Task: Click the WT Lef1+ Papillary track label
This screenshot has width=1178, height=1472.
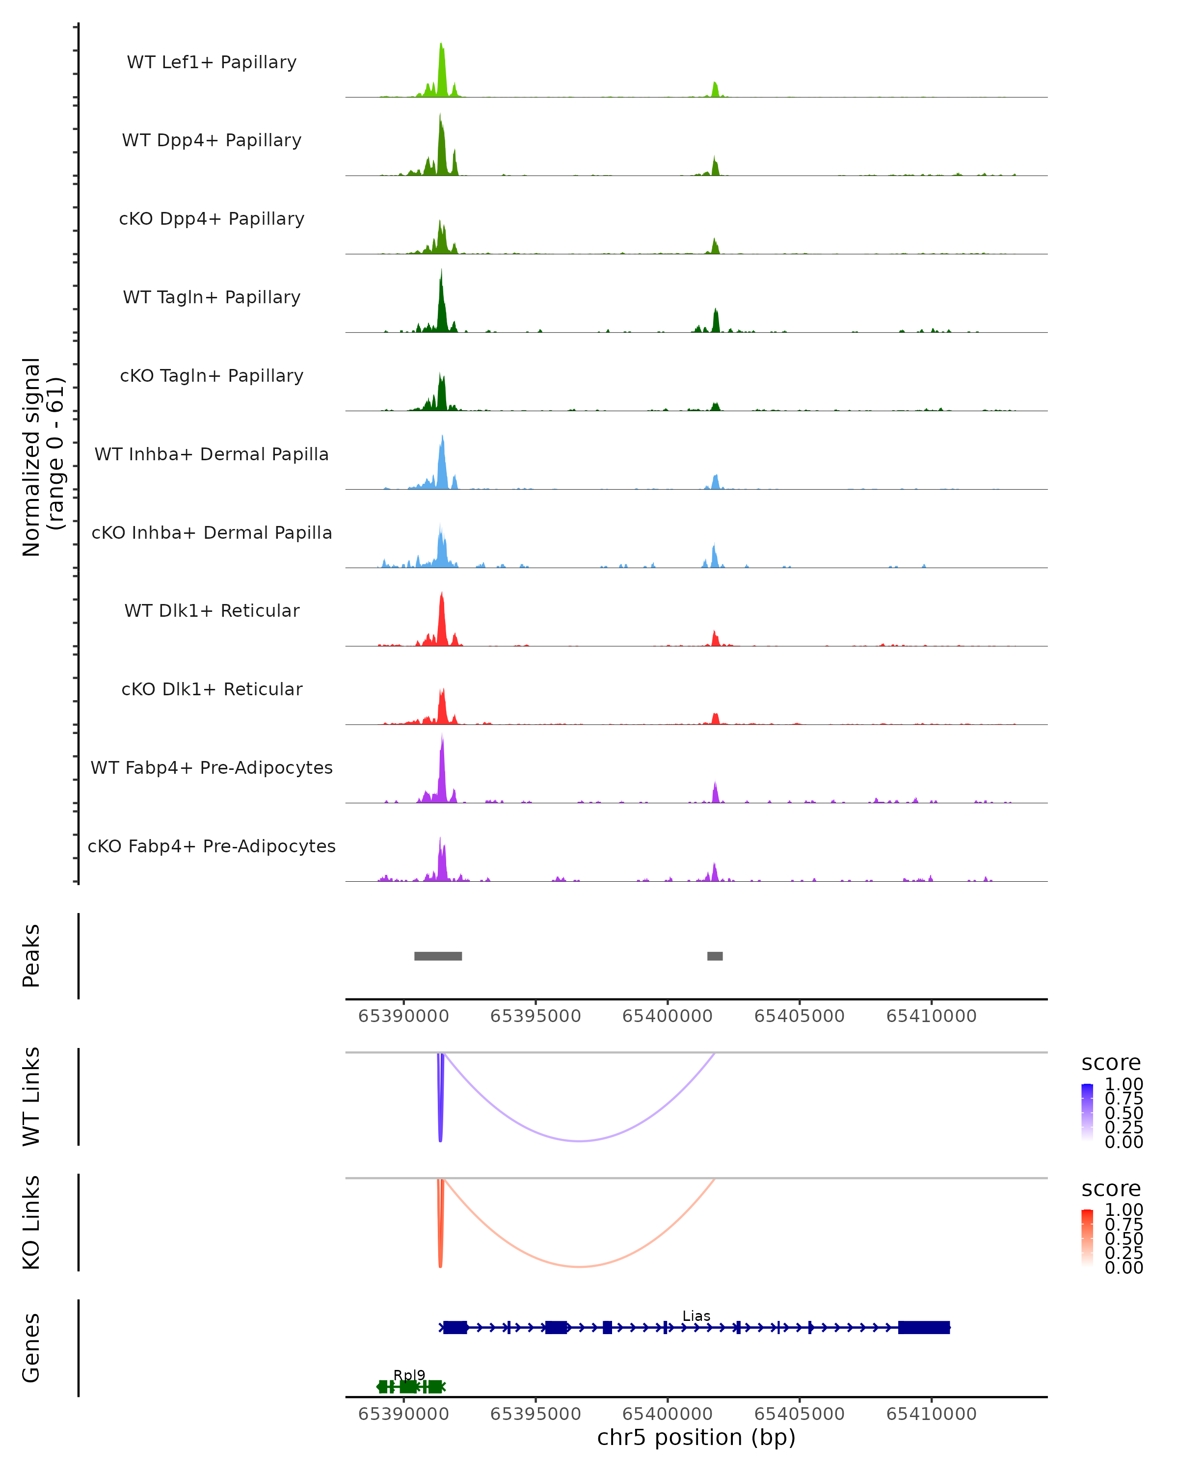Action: point(212,62)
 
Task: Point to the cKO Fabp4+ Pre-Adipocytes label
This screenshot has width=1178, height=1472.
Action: point(212,846)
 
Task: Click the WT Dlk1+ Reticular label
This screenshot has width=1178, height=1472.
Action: point(212,610)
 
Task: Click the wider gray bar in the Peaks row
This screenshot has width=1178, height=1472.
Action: point(438,956)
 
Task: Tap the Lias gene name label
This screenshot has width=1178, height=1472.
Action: point(696,1315)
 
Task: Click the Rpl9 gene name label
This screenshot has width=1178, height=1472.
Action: point(409,1375)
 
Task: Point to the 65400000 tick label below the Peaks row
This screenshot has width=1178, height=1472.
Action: point(667,1016)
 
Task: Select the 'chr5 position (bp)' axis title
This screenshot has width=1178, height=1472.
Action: point(696,1437)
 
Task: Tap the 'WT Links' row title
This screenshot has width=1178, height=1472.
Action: point(31,1096)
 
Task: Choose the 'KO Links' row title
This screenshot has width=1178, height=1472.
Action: point(31,1222)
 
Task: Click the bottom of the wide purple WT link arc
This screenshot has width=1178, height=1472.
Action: point(579,1141)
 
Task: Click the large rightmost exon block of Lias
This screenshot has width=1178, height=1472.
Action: point(923,1327)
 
